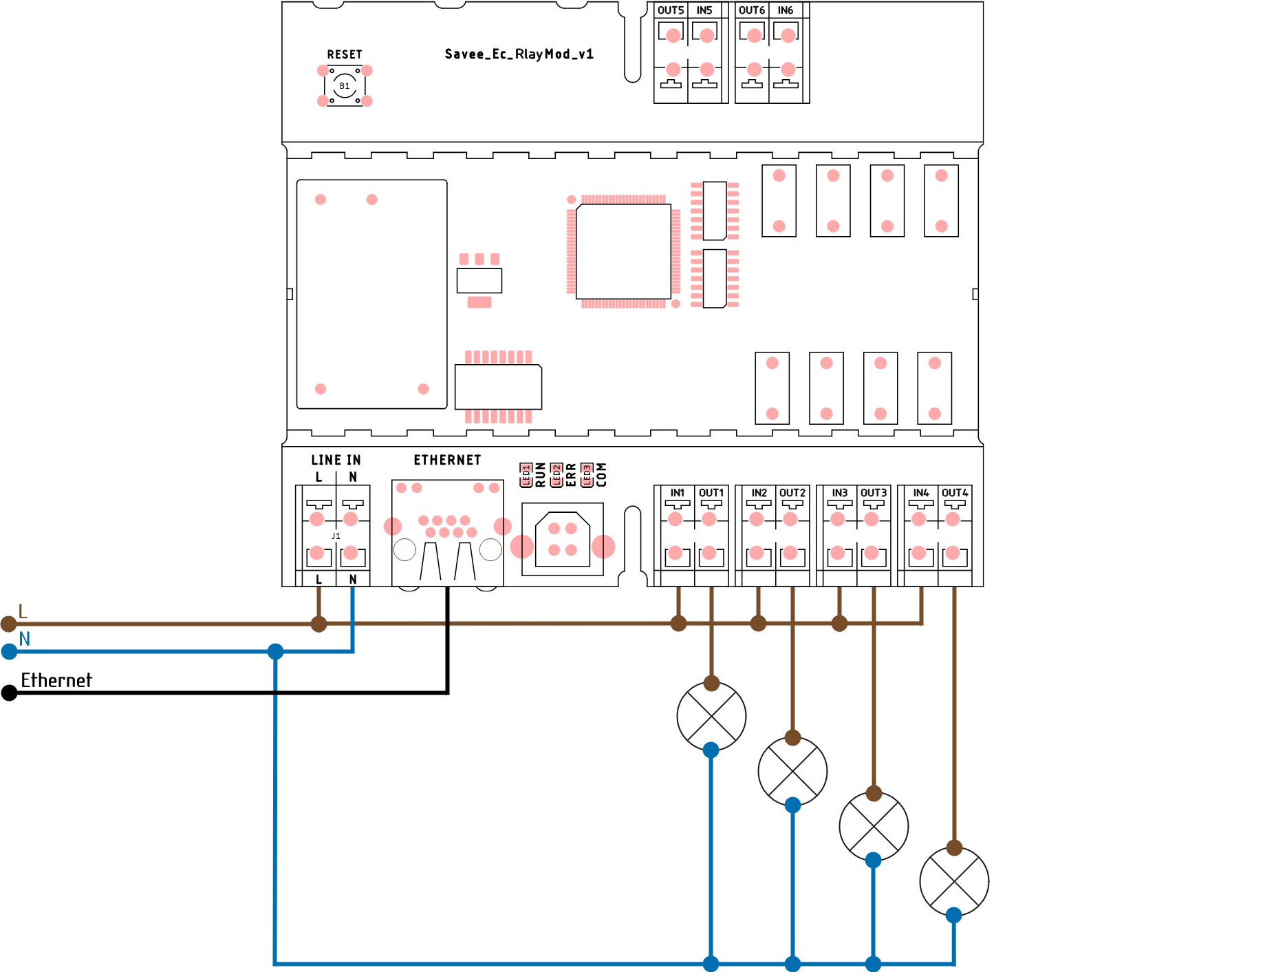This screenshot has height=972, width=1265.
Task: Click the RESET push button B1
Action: (x=345, y=86)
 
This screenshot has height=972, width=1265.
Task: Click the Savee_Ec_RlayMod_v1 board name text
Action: (x=519, y=54)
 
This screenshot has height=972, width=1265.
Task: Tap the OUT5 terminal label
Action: (x=671, y=10)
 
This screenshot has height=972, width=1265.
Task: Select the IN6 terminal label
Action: (x=786, y=10)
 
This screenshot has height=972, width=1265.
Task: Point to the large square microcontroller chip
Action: (x=623, y=251)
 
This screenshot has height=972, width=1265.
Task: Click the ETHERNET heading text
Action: (x=447, y=460)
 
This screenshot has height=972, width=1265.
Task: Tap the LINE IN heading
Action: (x=336, y=460)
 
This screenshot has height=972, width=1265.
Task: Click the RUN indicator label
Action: (x=541, y=475)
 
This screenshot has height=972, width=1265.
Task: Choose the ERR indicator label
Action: (x=571, y=475)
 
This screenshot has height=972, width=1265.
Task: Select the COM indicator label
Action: (x=601, y=475)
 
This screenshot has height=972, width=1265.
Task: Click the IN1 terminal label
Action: (x=678, y=493)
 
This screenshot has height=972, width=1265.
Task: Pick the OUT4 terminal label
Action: (x=955, y=493)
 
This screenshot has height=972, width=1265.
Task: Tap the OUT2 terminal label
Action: (x=792, y=493)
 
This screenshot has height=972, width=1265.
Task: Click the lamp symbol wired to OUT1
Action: (x=711, y=716)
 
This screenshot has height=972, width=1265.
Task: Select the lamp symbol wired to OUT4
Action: (x=954, y=881)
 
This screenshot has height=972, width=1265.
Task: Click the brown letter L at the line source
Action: (x=23, y=611)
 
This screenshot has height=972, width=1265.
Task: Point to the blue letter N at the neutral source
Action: (x=25, y=639)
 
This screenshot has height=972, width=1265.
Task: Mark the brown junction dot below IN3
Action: (x=839, y=624)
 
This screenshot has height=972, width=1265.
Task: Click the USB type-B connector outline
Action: (x=563, y=540)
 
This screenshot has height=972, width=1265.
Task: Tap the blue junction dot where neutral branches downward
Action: (x=275, y=651)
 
